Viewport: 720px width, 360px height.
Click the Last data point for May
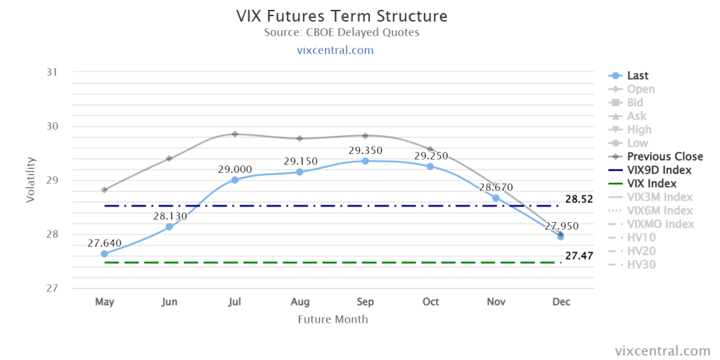pyautogui.click(x=104, y=253)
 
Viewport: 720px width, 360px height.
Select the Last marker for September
pyautogui.click(x=365, y=161)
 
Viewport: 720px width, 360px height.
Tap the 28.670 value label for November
pyautogui.click(x=496, y=187)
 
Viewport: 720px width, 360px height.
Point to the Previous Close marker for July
pyautogui.click(x=235, y=134)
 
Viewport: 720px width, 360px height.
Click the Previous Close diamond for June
pyautogui.click(x=169, y=158)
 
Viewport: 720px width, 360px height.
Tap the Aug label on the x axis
pyautogui.click(x=300, y=302)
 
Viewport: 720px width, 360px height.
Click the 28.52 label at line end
pyautogui.click(x=579, y=199)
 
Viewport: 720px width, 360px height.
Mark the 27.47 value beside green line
pyautogui.click(x=579, y=256)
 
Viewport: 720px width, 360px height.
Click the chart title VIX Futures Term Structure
pyautogui.click(x=342, y=16)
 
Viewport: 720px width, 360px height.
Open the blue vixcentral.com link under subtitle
pyautogui.click(x=342, y=50)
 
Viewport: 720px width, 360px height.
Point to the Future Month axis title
pyautogui.click(x=333, y=319)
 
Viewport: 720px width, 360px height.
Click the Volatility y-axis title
pyautogui.click(x=30, y=180)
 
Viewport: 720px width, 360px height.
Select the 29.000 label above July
pyautogui.click(x=235, y=169)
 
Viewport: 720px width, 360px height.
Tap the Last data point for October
pyautogui.click(x=430, y=166)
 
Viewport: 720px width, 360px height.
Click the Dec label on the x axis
pyautogui.click(x=561, y=302)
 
